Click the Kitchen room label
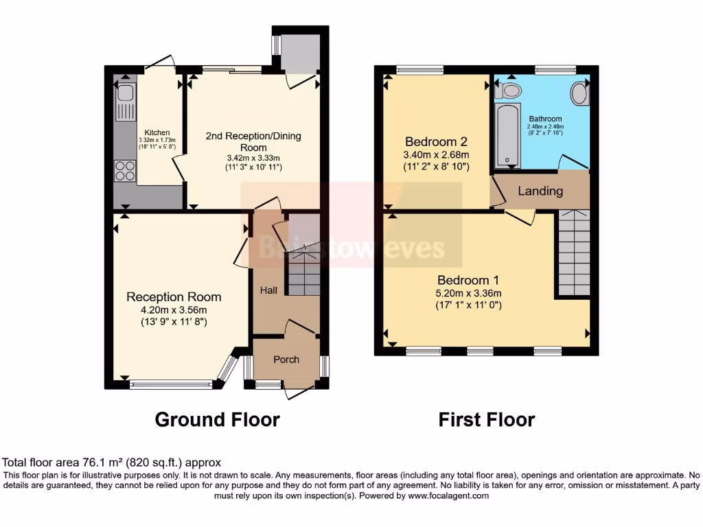pyautogui.click(x=157, y=132)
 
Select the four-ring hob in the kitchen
pyautogui.click(x=125, y=170)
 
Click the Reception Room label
pyautogui.click(x=174, y=296)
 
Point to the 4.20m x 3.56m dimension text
pyautogui.click(x=174, y=309)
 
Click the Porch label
pyautogui.click(x=286, y=360)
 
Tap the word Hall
pyautogui.click(x=268, y=291)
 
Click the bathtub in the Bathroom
pyautogui.click(x=508, y=135)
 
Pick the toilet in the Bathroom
pyautogui.click(x=509, y=90)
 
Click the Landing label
pyautogui.click(x=540, y=191)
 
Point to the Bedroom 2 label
pyautogui.click(x=436, y=142)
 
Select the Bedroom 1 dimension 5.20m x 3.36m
pyautogui.click(x=468, y=293)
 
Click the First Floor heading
pyautogui.click(x=487, y=419)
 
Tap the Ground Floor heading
pyautogui.click(x=217, y=419)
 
